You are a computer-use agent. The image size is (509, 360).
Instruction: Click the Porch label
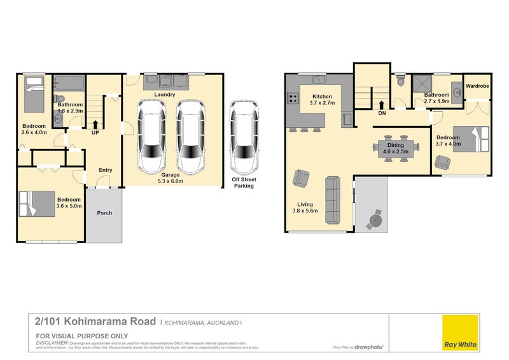click(x=104, y=213)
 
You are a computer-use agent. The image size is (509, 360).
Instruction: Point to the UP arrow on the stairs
click(x=95, y=125)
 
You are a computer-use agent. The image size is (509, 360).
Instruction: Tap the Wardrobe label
click(x=477, y=86)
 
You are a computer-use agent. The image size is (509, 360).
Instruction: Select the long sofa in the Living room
click(x=331, y=201)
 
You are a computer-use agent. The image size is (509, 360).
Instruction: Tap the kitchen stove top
click(x=294, y=99)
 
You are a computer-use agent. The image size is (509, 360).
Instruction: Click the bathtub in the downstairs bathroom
click(x=69, y=83)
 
